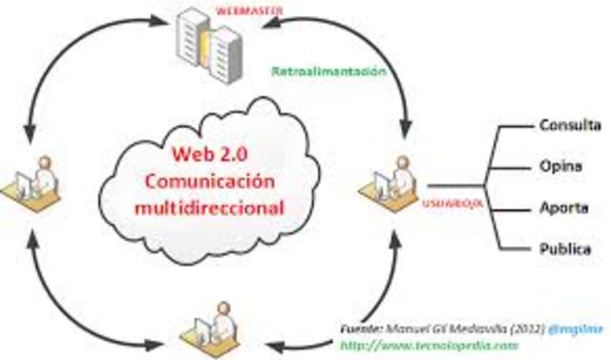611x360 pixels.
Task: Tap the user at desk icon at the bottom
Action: [216, 321]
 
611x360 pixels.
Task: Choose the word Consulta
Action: [570, 125]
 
